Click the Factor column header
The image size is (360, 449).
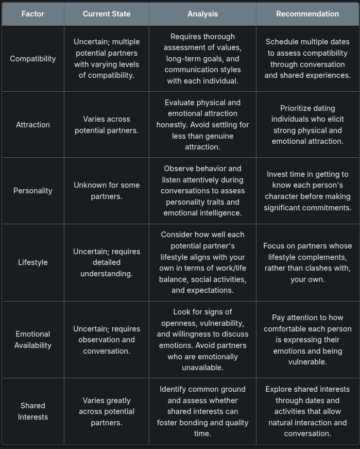click(x=33, y=14)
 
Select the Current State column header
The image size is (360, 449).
click(x=107, y=14)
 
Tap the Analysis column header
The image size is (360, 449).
click(x=202, y=14)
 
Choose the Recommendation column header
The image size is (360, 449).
click(x=307, y=14)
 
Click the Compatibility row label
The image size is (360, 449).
click(x=33, y=59)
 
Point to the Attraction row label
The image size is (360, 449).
click(x=33, y=125)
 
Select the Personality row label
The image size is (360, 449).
click(x=33, y=191)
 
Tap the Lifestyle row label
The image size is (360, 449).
click(x=33, y=262)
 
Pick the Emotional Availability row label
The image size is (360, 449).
click(x=33, y=340)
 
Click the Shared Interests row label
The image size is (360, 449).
click(x=33, y=411)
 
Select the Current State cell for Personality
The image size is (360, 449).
click(x=107, y=191)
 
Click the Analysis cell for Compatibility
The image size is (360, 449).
click(x=202, y=59)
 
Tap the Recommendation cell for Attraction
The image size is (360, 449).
click(x=307, y=125)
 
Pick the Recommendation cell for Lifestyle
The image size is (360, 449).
click(x=307, y=262)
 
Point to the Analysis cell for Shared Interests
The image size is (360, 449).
click(x=202, y=411)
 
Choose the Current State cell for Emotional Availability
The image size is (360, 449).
click(x=107, y=340)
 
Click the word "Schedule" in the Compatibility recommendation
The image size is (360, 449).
click(x=282, y=42)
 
